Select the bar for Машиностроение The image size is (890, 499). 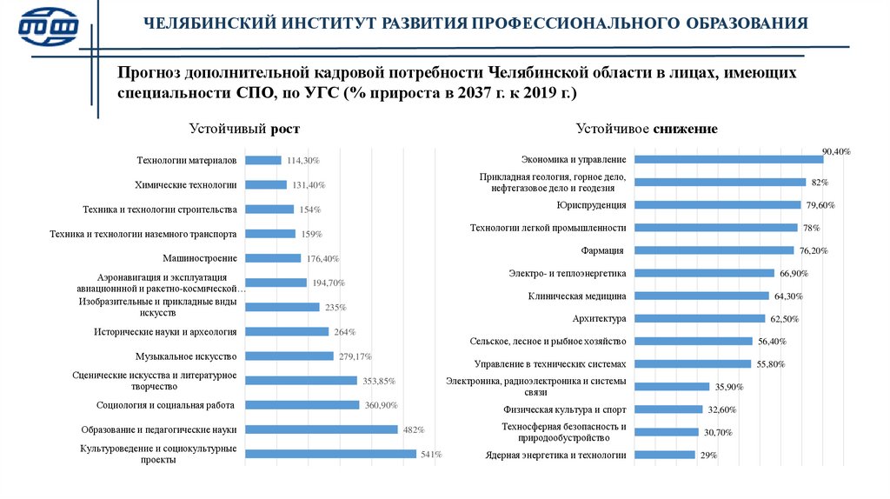click(273, 258)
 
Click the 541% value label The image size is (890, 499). click(430, 454)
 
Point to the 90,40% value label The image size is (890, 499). click(836, 151)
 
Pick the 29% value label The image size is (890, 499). click(708, 455)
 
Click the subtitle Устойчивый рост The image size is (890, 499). click(244, 129)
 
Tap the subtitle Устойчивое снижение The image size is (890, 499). click(646, 129)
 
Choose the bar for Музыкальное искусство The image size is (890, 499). click(289, 356)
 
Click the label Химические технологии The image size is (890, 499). click(186, 185)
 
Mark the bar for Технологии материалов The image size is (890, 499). click(263, 160)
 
